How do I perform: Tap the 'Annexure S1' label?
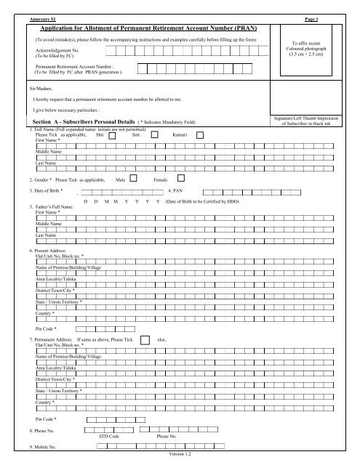click(38, 14)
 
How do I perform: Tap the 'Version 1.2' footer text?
click(180, 454)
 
